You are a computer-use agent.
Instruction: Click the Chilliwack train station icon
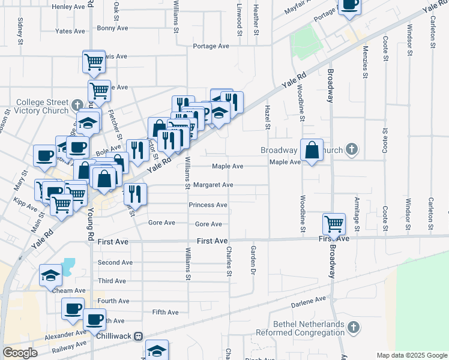[x=139, y=337]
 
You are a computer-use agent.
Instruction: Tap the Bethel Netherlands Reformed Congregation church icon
[x=354, y=327]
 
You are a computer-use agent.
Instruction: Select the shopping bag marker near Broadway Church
[x=312, y=150]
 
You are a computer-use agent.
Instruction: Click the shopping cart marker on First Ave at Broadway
[x=334, y=224]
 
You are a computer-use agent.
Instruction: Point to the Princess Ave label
[x=208, y=205]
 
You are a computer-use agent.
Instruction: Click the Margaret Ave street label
[x=212, y=185]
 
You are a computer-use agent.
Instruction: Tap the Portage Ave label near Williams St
[x=211, y=46]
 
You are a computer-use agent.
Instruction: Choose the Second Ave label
[x=115, y=262]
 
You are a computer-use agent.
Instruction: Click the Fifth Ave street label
[x=165, y=312]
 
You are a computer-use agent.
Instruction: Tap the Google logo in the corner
[x=20, y=353]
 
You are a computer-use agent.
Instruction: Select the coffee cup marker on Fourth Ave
[x=73, y=308]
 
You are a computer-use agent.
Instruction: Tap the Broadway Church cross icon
[x=352, y=149]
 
